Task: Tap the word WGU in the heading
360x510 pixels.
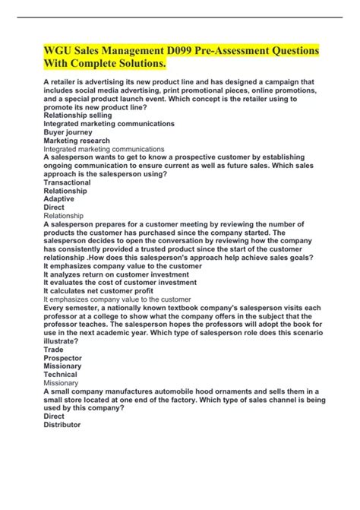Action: (x=60, y=51)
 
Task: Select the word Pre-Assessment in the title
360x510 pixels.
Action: (x=232, y=51)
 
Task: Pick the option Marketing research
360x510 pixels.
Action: (x=77, y=141)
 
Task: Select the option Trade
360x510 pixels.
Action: (x=55, y=349)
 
